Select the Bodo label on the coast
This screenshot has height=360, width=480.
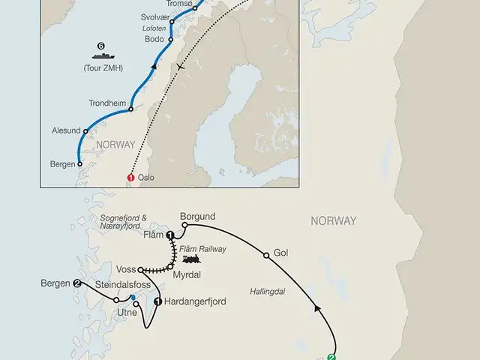(152, 38)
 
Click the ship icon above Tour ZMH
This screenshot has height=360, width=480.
(100, 55)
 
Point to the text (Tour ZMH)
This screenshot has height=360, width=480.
(112, 69)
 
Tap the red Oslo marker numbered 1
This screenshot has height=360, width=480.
(130, 178)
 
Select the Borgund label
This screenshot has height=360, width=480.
(198, 212)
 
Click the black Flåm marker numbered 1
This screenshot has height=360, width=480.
(171, 236)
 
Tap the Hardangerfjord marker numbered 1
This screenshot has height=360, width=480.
(158, 301)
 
